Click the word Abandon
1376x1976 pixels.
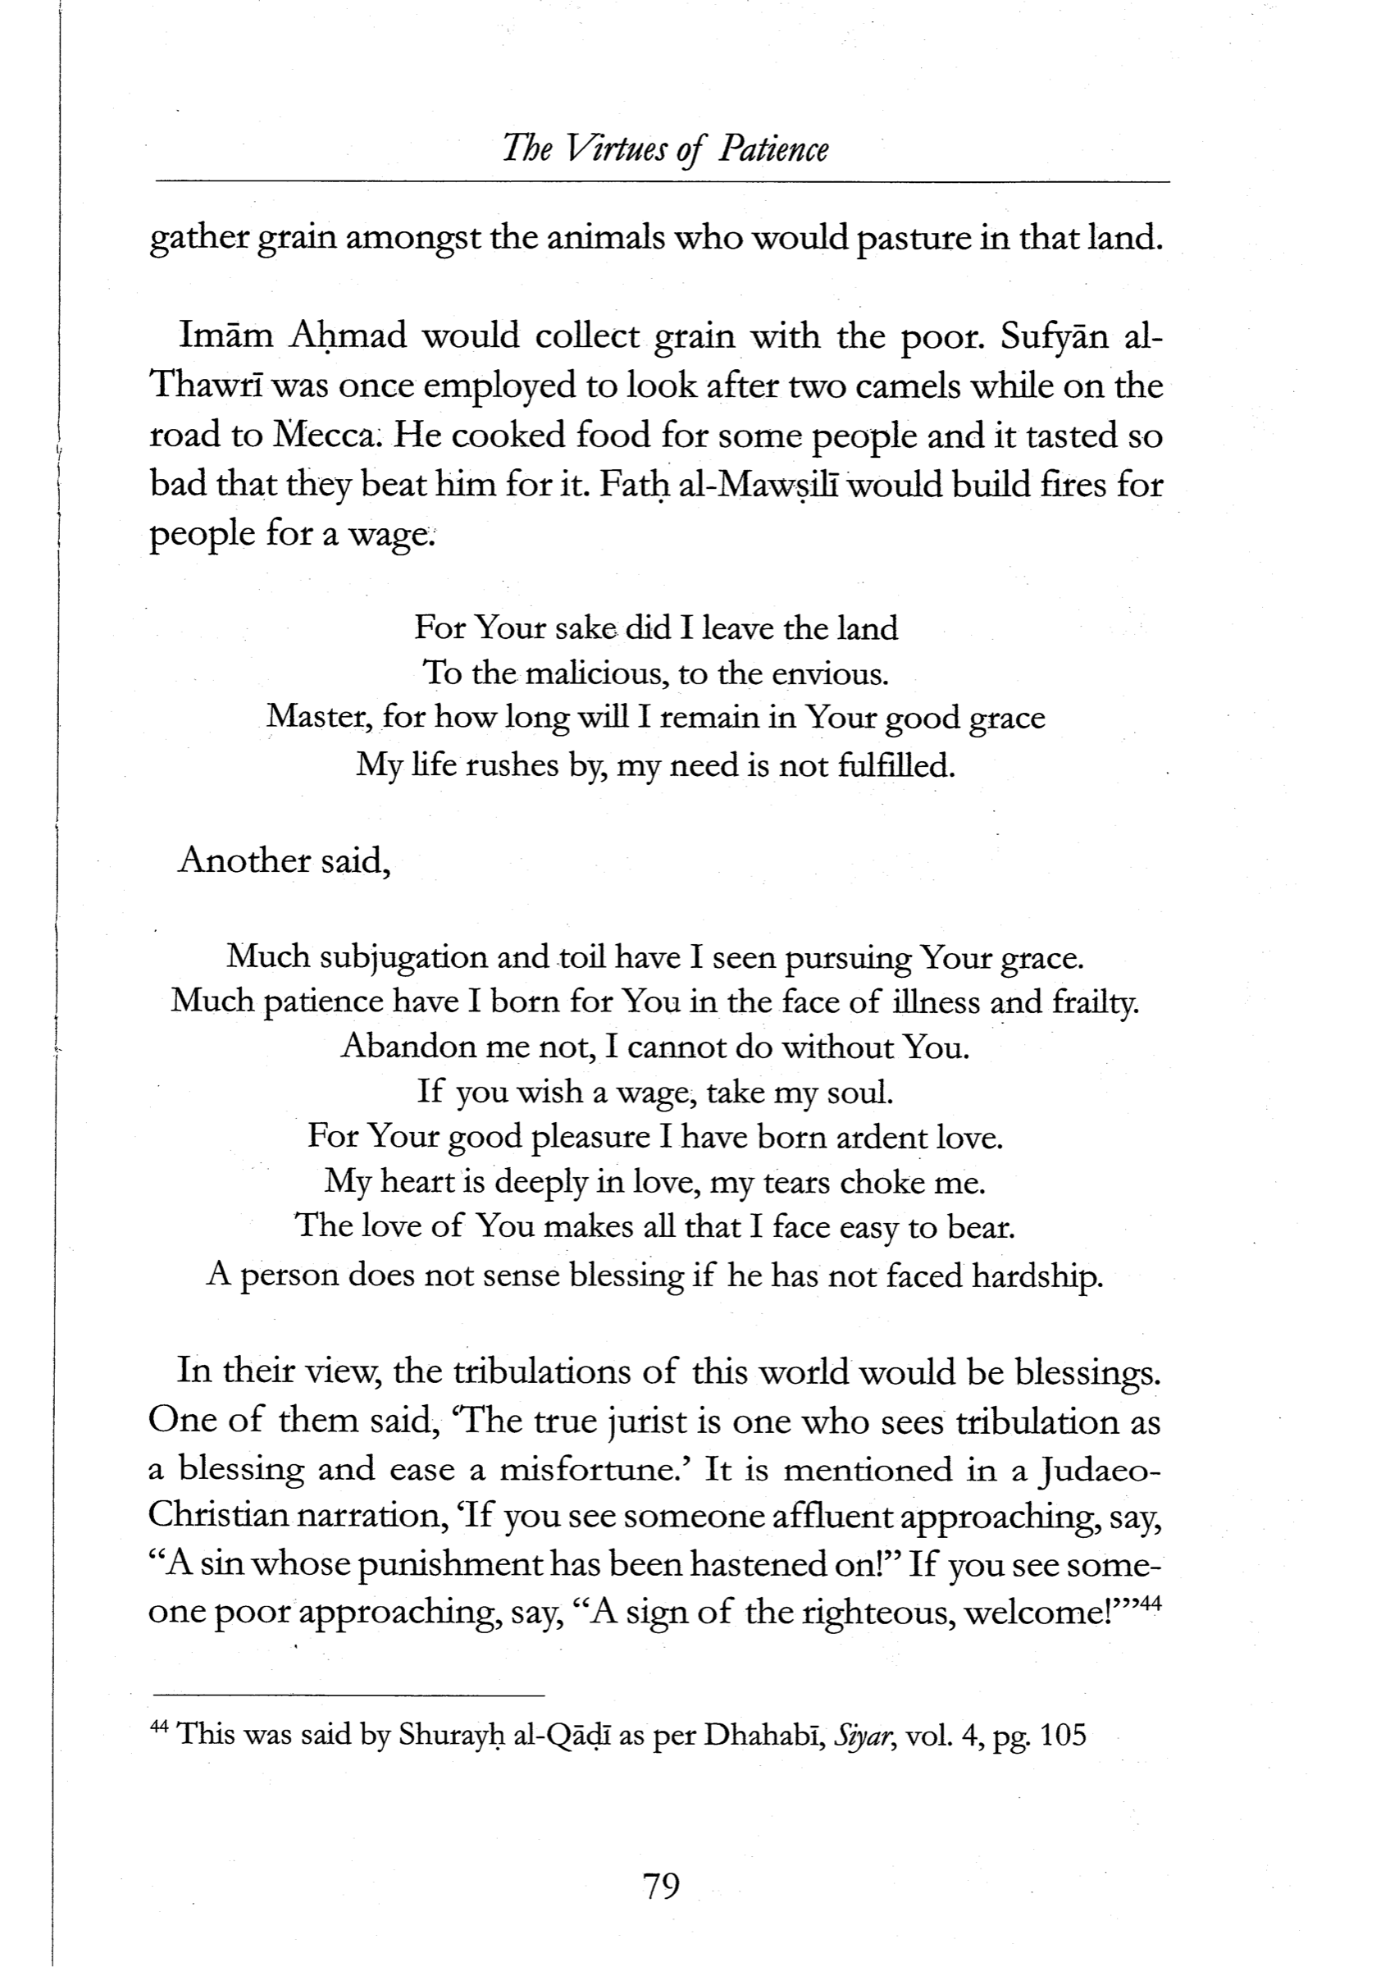click(x=397, y=1047)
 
